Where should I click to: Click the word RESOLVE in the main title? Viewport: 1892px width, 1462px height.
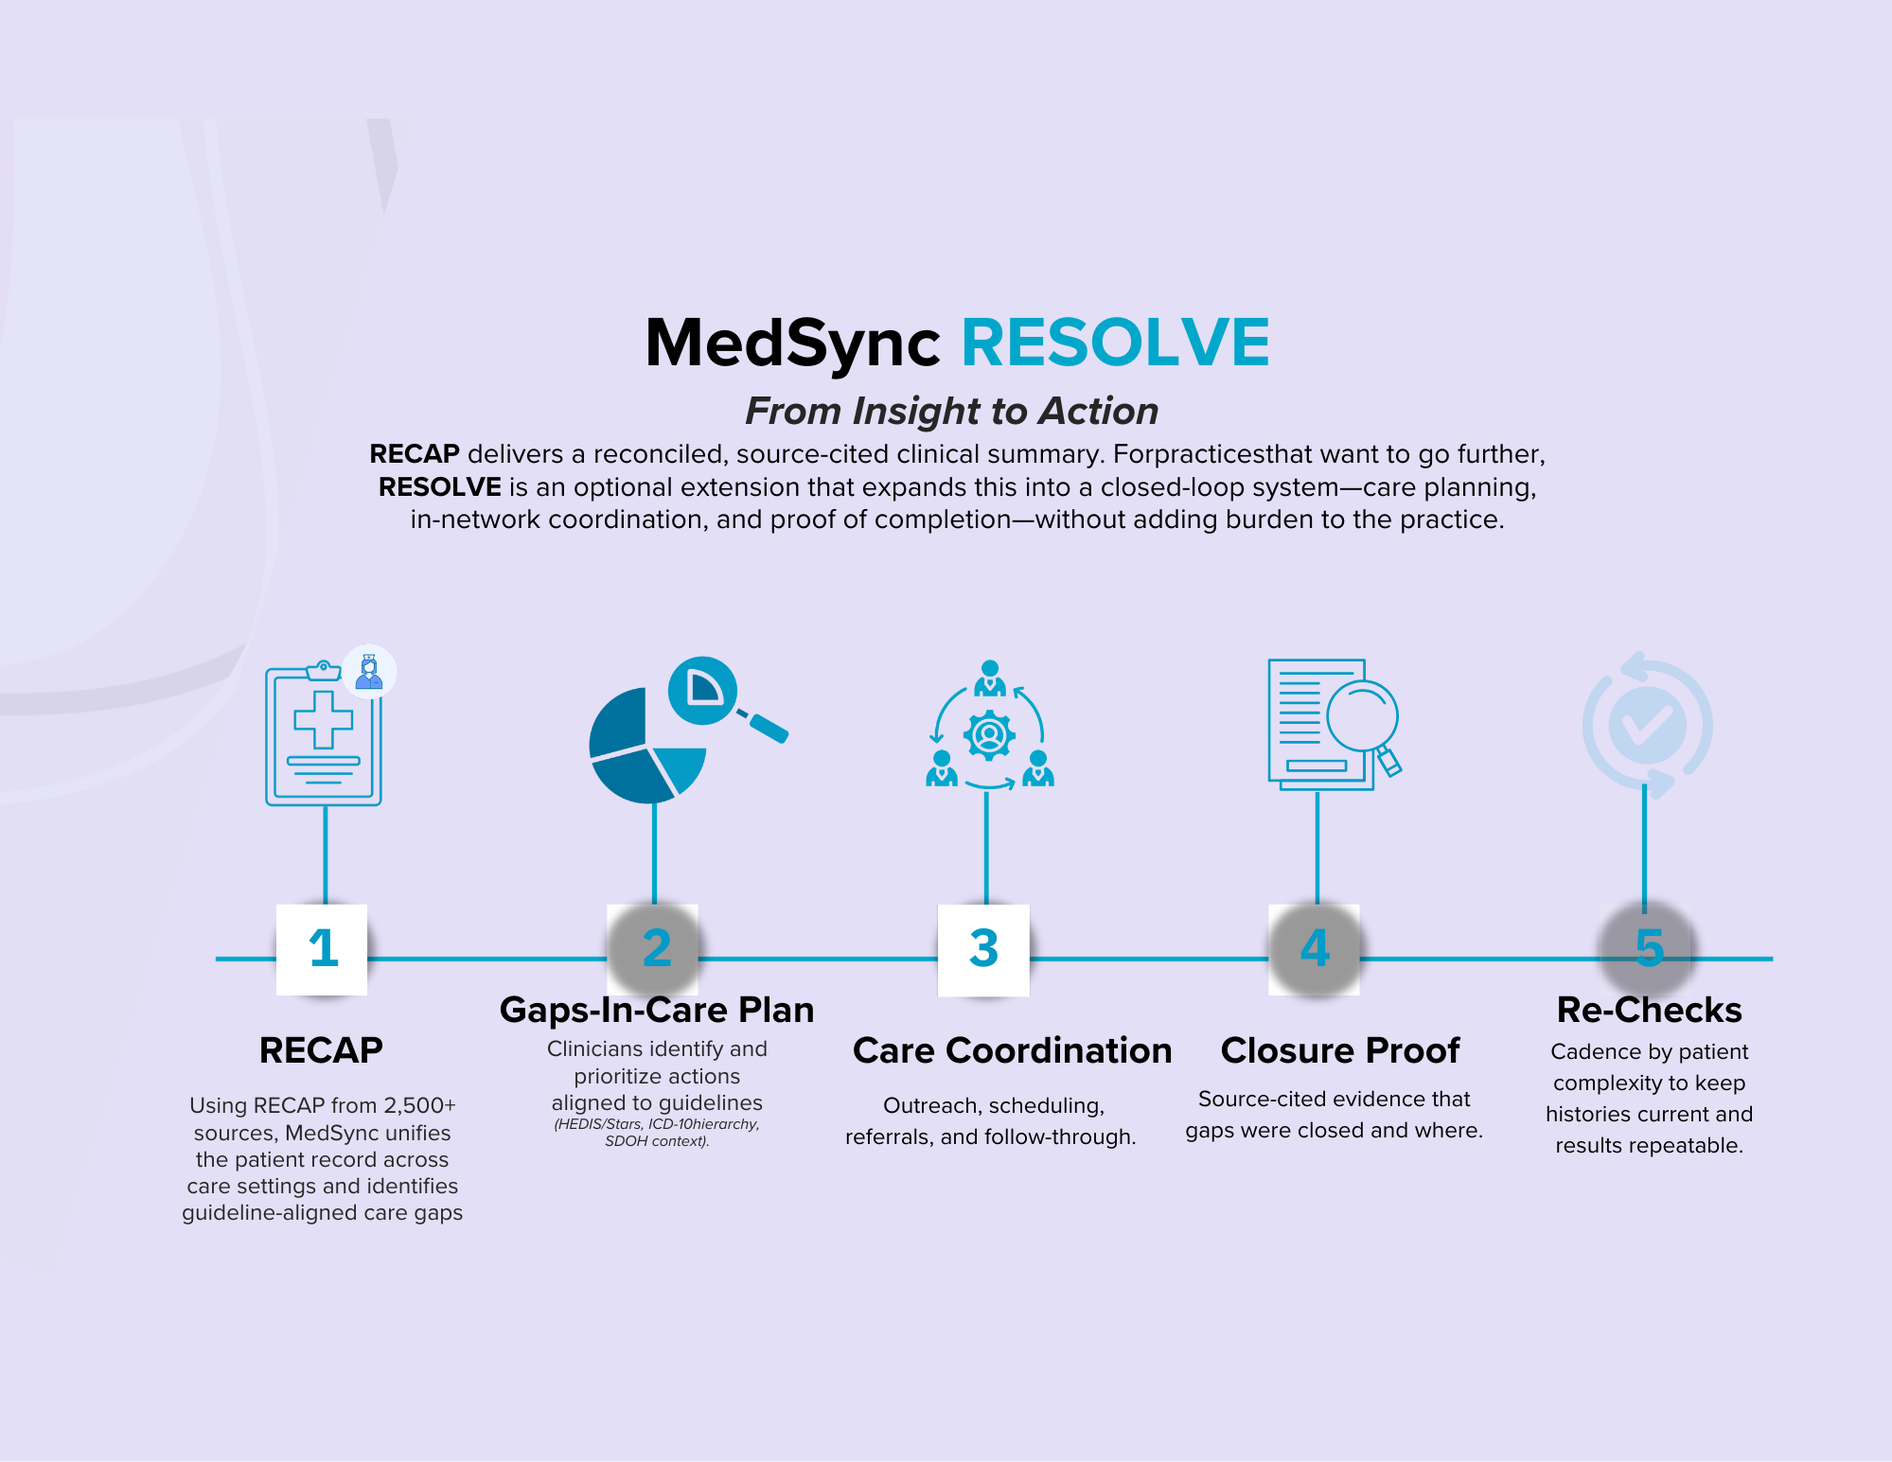coord(1115,343)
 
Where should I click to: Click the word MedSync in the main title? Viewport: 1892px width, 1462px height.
coord(792,343)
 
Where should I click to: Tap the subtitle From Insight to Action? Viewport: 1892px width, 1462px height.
coord(951,411)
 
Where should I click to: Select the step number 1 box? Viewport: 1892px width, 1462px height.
coord(322,949)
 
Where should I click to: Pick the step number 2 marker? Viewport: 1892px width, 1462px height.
coord(653,949)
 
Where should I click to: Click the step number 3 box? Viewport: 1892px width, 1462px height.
coord(983,949)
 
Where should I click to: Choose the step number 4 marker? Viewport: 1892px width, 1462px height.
coord(1314,949)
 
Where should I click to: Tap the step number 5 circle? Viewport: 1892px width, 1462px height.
coord(1648,949)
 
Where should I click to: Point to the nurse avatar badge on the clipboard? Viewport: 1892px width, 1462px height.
coord(369,673)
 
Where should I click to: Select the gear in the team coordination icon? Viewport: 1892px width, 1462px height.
coord(989,735)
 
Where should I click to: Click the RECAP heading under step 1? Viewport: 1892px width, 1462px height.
coord(321,1050)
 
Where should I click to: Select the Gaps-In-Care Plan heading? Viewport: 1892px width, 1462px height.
coord(657,1010)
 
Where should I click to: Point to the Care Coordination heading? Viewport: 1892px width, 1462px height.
coord(1012,1050)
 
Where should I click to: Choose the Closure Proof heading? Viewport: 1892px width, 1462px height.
coord(1339,1050)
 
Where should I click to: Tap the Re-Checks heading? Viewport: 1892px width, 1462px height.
coord(1649,1010)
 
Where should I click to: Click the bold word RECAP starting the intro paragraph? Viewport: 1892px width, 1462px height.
coord(414,454)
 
